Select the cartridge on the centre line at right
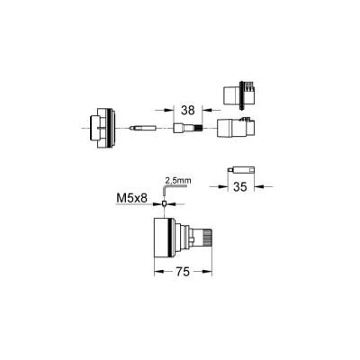click(238, 128)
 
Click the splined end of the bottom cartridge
click(204, 238)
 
